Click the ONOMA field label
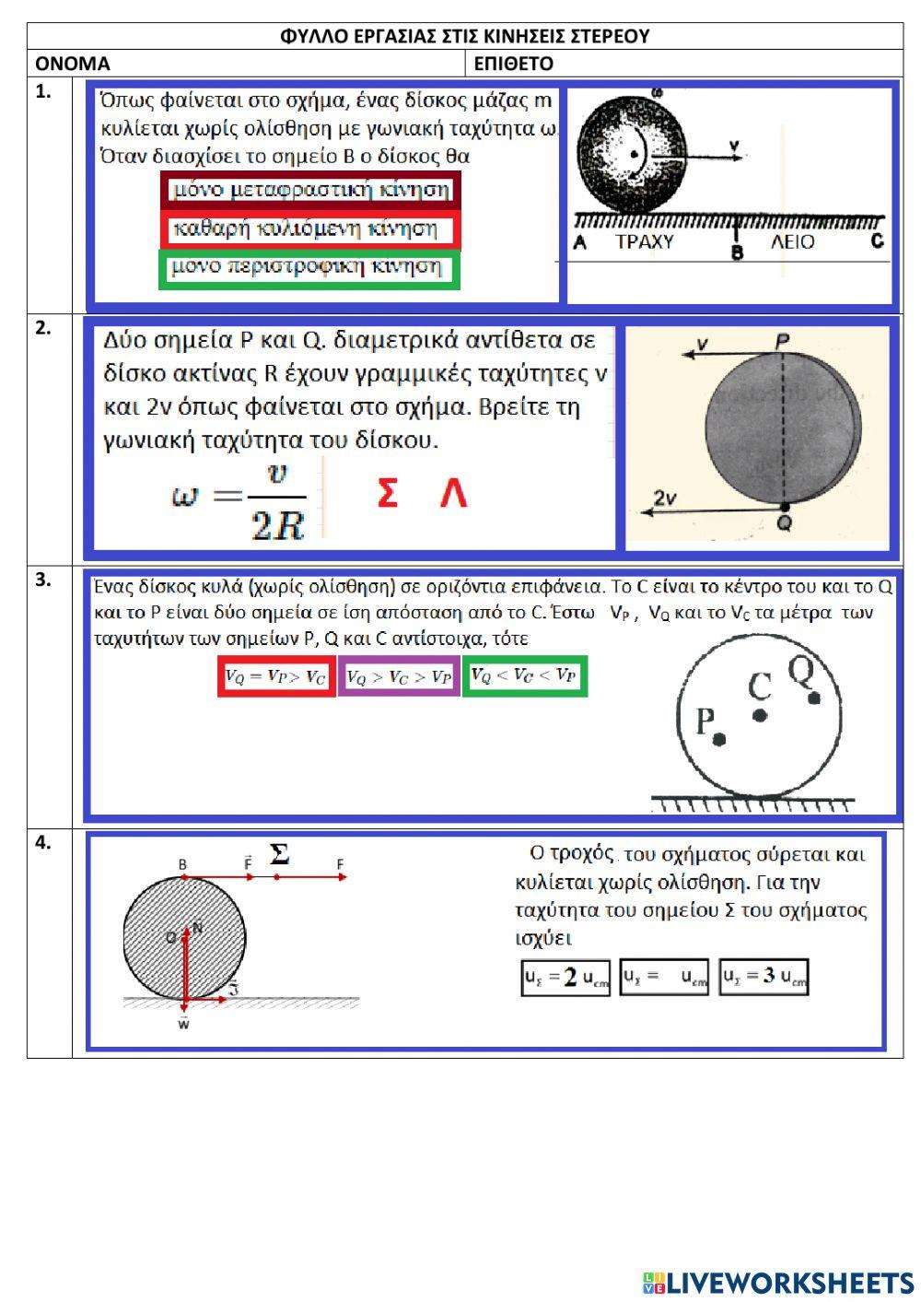[x=72, y=64]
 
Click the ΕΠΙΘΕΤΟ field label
[x=513, y=64]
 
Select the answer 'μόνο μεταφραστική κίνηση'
[x=311, y=191]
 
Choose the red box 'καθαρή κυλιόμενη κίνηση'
[x=310, y=229]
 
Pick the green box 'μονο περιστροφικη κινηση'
[x=309, y=268]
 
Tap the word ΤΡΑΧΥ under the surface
[x=644, y=242]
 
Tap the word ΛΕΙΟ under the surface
[x=792, y=242]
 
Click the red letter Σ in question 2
[x=388, y=494]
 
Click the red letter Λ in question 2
[x=452, y=494]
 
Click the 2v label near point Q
[x=665, y=499]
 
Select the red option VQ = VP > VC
[x=276, y=677]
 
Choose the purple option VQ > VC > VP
[x=399, y=677]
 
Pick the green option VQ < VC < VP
[x=524, y=676]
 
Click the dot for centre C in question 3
[x=760, y=714]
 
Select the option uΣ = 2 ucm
[x=566, y=978]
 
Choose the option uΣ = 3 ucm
[x=764, y=977]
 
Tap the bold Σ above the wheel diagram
[x=279, y=854]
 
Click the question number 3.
[x=42, y=580]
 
